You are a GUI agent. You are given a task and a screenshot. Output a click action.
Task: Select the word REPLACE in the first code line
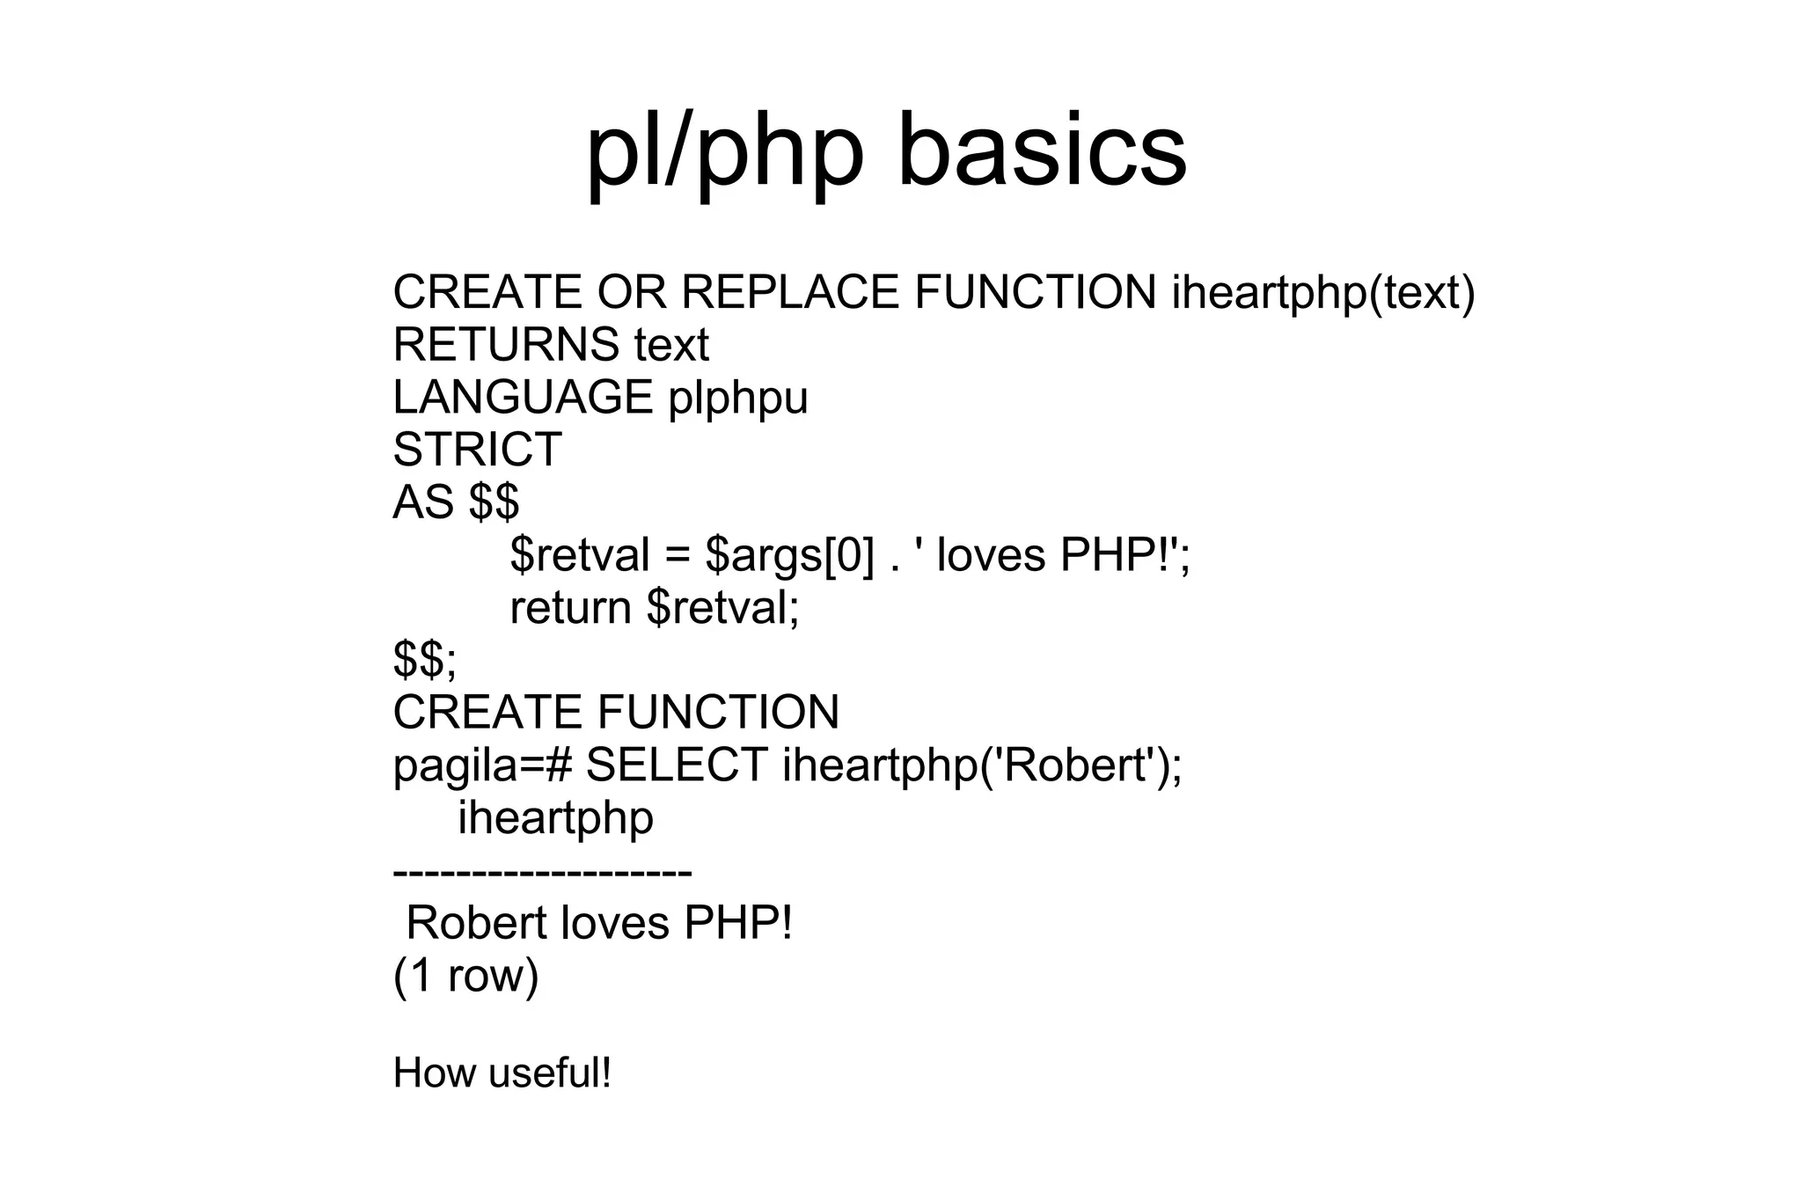point(790,292)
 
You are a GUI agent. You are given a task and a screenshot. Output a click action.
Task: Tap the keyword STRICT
point(477,450)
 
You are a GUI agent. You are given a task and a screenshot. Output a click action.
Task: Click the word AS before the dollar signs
point(422,502)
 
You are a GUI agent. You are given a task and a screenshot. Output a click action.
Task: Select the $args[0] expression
point(789,556)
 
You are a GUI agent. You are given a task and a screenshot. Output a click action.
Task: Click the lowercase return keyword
point(570,608)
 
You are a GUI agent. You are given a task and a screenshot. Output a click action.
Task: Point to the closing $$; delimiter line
point(425,660)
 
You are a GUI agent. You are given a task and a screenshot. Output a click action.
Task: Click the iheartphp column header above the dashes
point(555,818)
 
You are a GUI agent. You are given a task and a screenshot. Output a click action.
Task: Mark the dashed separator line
point(542,872)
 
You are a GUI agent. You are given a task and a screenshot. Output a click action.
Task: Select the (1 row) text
point(465,976)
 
